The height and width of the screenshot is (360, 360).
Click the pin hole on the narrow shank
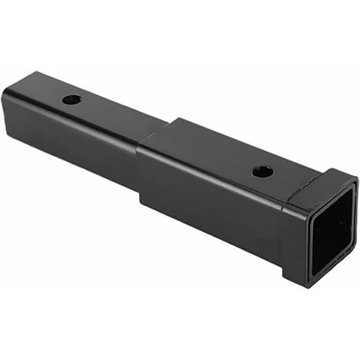[72, 99]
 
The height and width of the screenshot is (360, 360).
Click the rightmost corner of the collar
[357, 182]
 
